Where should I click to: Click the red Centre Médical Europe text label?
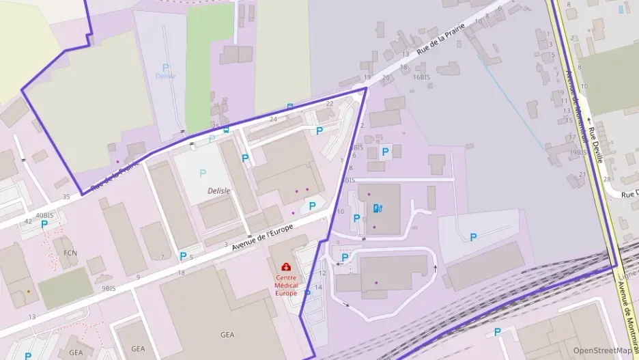click(x=286, y=286)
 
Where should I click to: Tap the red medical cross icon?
click(x=286, y=267)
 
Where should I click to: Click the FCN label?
click(x=70, y=253)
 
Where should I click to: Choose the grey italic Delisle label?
click(x=219, y=191)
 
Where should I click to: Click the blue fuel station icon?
click(x=378, y=208)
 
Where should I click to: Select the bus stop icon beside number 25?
click(x=226, y=128)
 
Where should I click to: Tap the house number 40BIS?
click(x=44, y=215)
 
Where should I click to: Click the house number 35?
click(x=66, y=197)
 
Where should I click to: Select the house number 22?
click(x=330, y=103)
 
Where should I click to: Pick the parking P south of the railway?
click(x=497, y=332)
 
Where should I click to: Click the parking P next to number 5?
click(x=182, y=256)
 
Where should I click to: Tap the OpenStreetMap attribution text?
click(x=602, y=350)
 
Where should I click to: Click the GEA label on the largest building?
click(x=227, y=335)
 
